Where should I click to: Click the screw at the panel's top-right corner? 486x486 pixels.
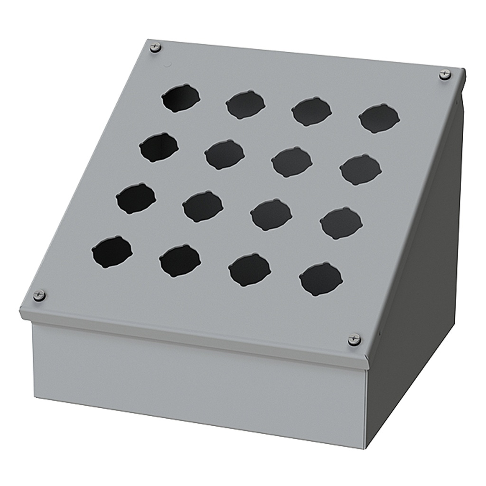coord(444,74)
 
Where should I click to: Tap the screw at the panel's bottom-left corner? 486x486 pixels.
coord(39,295)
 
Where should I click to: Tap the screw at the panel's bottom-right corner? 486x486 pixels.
coord(354,339)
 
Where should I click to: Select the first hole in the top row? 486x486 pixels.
coord(180,99)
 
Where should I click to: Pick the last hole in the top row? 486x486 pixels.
coord(379,118)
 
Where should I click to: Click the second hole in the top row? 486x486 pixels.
coord(245,105)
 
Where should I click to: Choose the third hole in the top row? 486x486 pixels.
coord(311,112)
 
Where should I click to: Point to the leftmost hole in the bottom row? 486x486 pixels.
coord(112,252)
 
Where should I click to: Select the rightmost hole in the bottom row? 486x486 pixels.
coord(321,279)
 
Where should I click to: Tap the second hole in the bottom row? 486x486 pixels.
coord(180,261)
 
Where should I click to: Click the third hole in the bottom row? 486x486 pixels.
coord(250,270)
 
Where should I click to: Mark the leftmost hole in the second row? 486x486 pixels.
coord(159,147)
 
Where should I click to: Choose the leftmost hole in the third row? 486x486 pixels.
coord(136,198)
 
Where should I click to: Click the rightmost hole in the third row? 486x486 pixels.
coord(341,223)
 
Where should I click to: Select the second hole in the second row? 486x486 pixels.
coord(224,154)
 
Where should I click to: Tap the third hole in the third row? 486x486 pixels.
coord(271,215)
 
